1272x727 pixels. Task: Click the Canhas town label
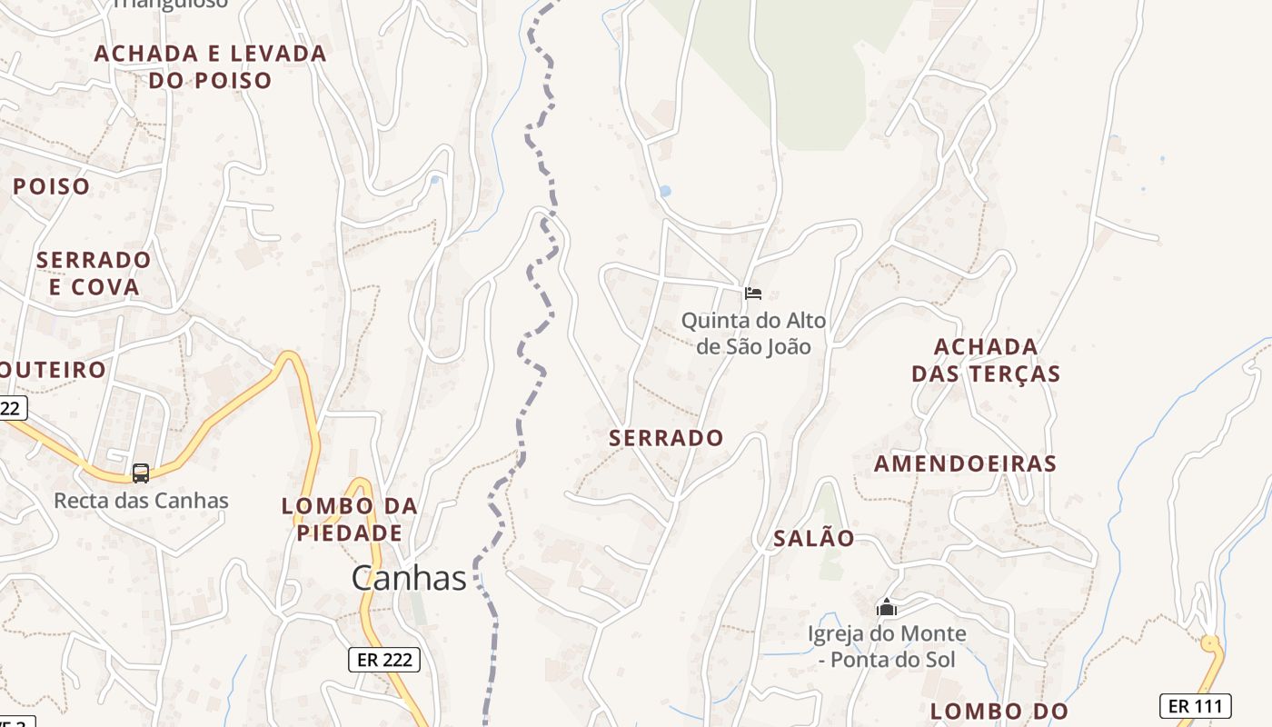click(x=409, y=578)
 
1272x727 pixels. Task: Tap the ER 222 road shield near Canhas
click(x=384, y=660)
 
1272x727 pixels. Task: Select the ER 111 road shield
click(x=1195, y=706)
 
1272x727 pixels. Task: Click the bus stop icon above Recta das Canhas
click(x=141, y=473)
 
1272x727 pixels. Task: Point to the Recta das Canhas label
click(x=141, y=501)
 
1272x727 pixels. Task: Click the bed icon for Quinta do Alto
click(x=752, y=294)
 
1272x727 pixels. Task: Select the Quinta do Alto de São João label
click(x=753, y=334)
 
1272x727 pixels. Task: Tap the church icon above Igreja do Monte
click(x=887, y=607)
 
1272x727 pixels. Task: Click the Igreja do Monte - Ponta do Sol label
click(x=887, y=646)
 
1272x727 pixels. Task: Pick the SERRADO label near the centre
click(x=667, y=438)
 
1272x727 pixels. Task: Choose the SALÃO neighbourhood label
click(x=814, y=538)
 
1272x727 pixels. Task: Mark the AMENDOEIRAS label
click(x=965, y=463)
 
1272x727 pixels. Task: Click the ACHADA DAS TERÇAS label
click(x=986, y=360)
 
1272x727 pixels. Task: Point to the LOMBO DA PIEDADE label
click(x=350, y=519)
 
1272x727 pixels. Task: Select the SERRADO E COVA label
click(x=94, y=274)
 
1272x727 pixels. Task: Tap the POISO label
click(x=52, y=187)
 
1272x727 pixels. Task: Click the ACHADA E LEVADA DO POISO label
click(x=210, y=66)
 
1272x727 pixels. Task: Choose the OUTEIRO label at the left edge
click(x=53, y=370)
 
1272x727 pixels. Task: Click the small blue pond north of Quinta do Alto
click(x=665, y=192)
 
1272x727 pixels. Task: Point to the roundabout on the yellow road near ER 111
click(x=1210, y=644)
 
